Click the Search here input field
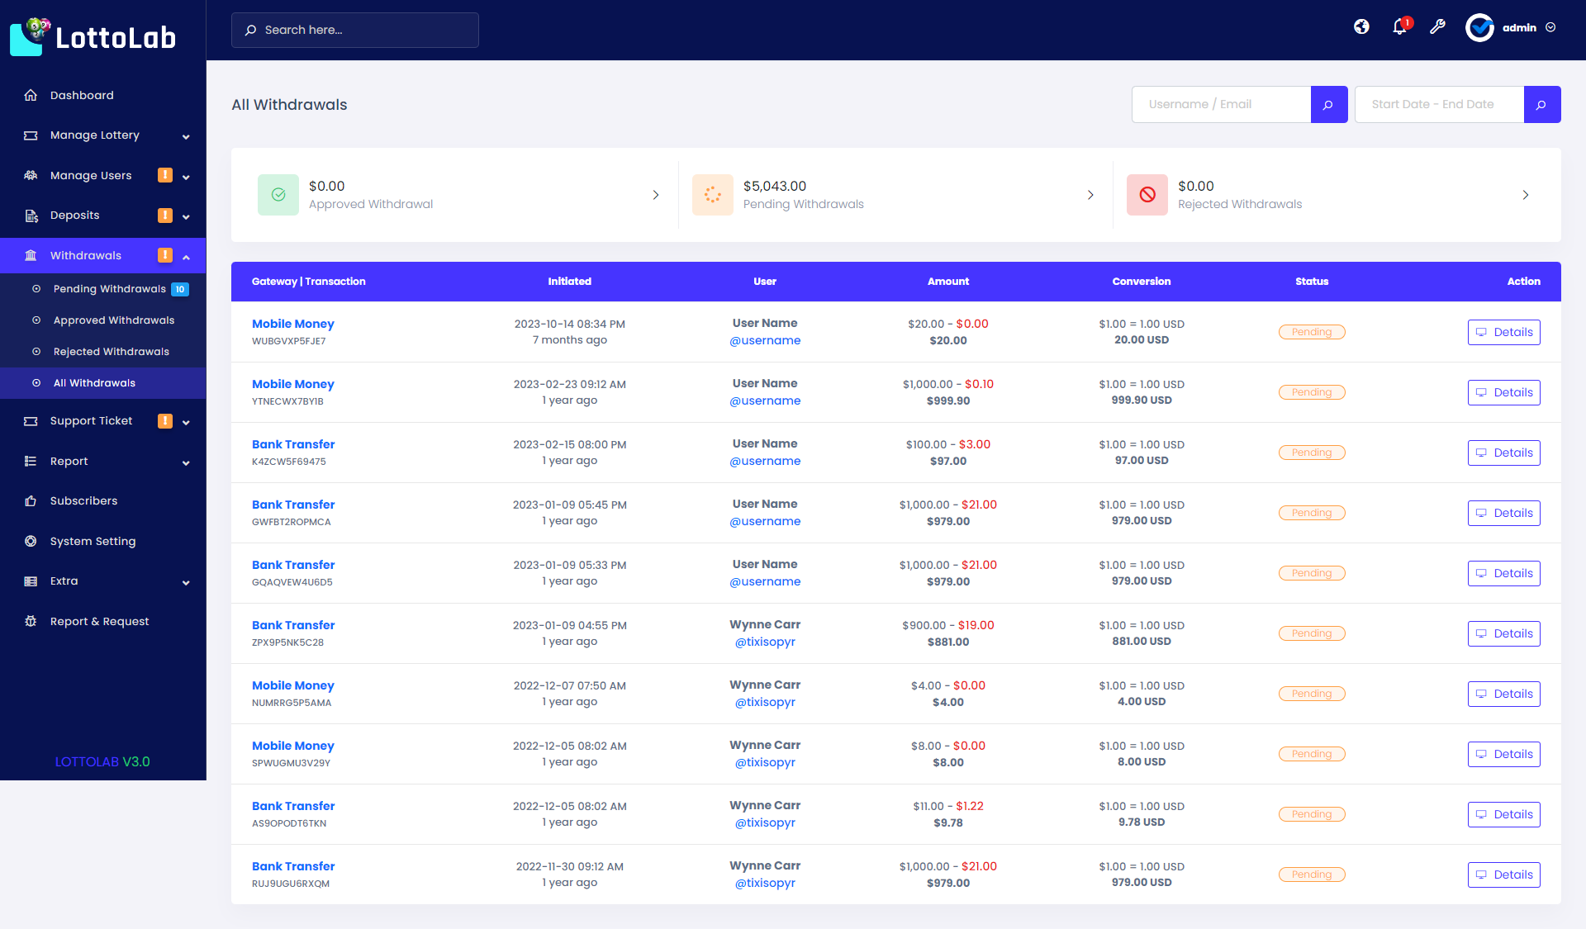point(355,30)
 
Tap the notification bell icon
point(1399,27)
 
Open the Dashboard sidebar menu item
point(82,95)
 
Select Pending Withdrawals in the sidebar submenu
point(109,289)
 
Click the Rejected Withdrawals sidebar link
point(111,352)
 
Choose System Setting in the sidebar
point(93,542)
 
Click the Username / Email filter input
point(1221,105)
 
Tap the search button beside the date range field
point(1541,105)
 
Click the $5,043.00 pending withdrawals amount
point(774,187)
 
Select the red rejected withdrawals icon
point(1147,195)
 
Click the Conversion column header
point(1141,282)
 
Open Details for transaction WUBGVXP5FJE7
point(1503,333)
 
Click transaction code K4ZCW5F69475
point(289,462)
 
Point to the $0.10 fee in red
point(979,385)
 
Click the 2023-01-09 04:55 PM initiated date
point(569,626)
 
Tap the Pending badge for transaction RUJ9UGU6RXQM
point(1311,874)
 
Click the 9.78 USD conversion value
point(1141,822)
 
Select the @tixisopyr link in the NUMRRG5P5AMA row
point(765,703)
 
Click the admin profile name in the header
point(1518,28)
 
